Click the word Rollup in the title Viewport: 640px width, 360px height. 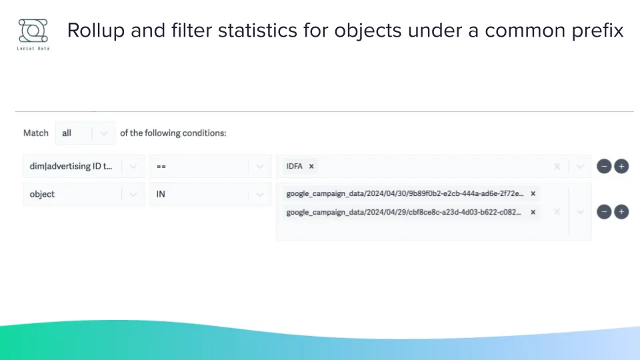[x=91, y=31]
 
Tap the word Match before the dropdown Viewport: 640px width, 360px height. [x=36, y=133]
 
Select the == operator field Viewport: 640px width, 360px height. [x=200, y=167]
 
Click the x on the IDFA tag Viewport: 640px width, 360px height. [x=311, y=167]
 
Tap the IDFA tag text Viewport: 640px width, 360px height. [x=295, y=167]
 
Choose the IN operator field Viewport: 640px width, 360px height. [x=200, y=194]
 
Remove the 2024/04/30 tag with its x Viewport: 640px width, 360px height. [x=533, y=193]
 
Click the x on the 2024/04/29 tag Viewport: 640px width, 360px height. [x=533, y=212]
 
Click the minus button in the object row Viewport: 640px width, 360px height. [x=604, y=212]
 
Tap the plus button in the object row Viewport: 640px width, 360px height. [x=621, y=212]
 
